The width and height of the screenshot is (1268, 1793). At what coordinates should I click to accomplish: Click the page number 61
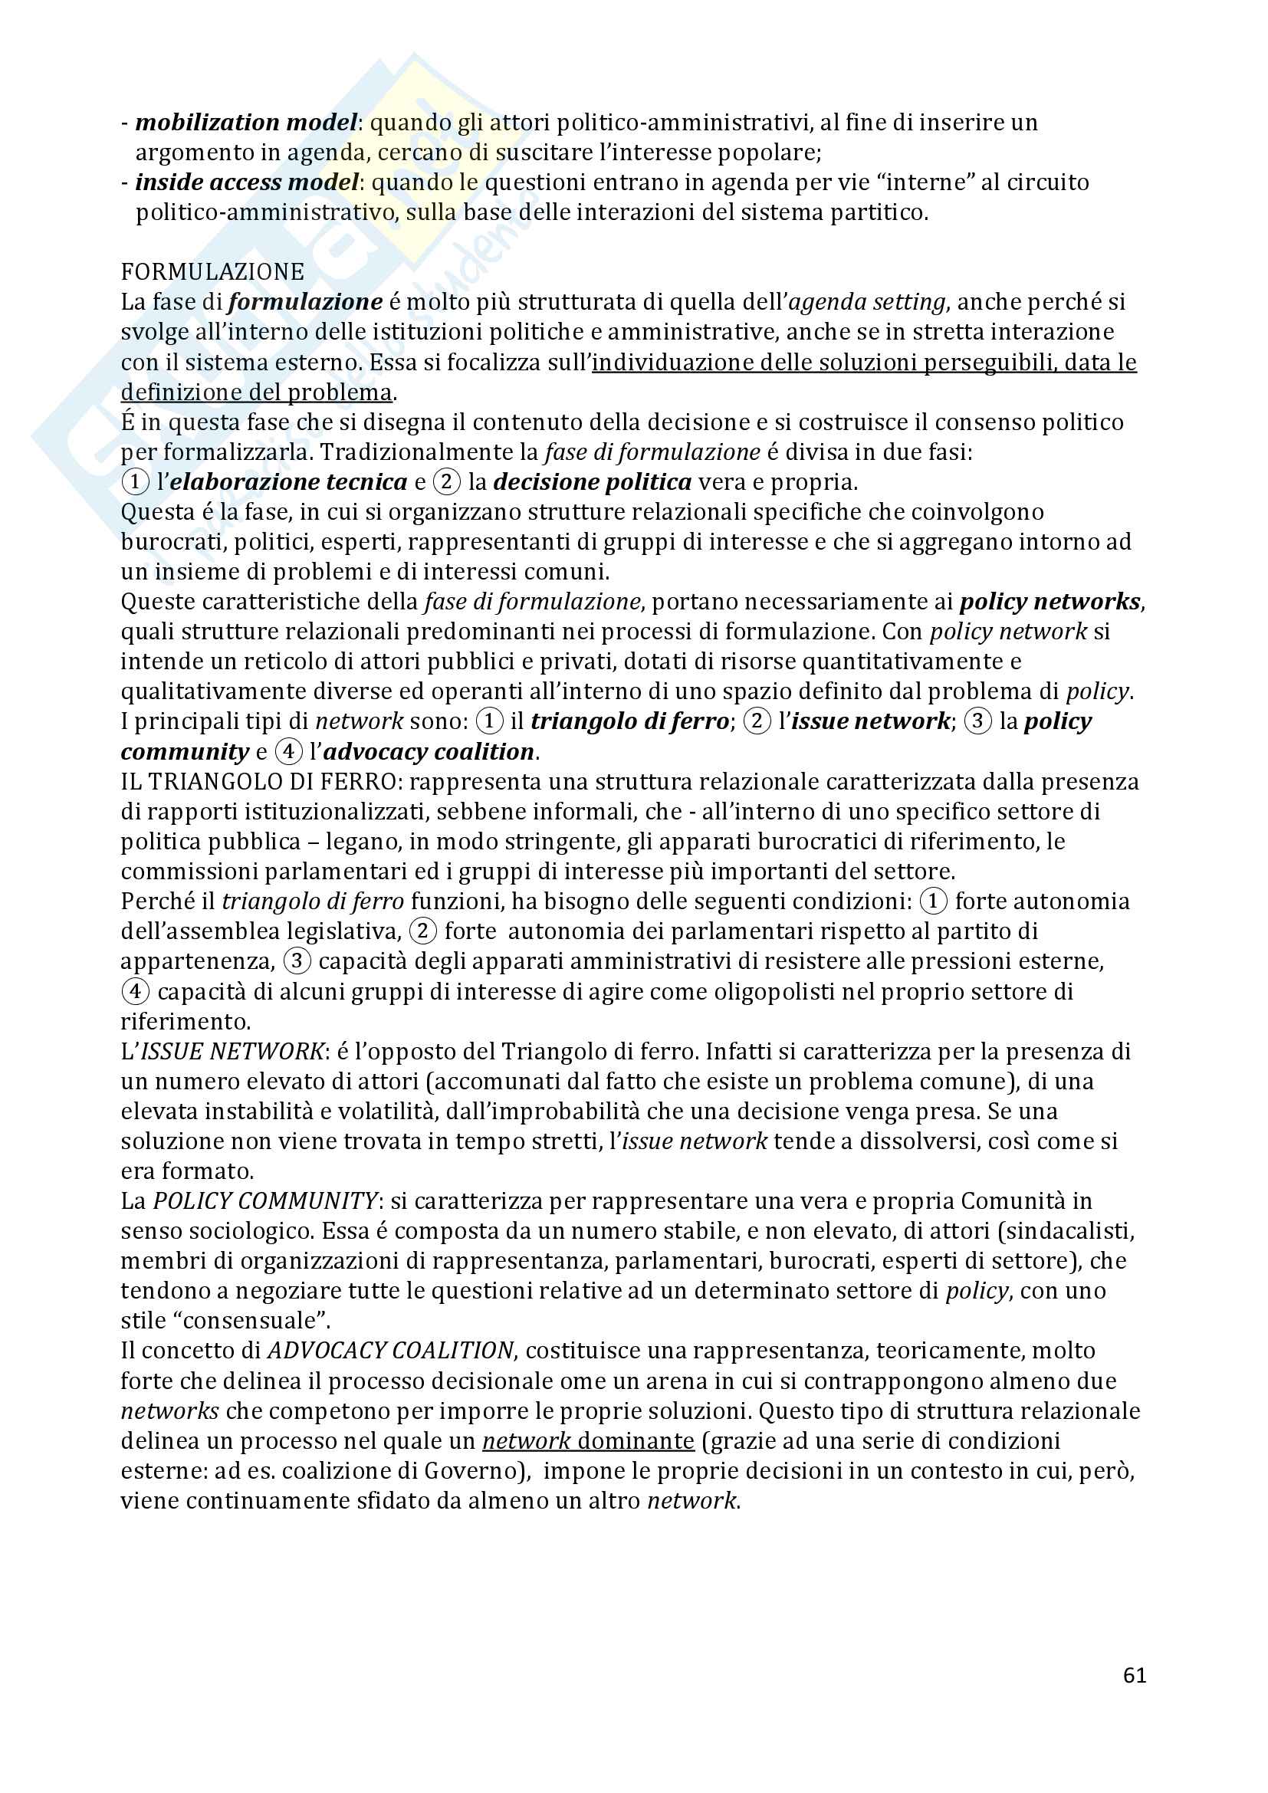(1134, 1675)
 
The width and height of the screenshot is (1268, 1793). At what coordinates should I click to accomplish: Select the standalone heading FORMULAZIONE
(212, 272)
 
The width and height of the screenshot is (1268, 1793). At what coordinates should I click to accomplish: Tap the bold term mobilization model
(246, 123)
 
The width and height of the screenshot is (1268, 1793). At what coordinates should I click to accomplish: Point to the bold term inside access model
(247, 182)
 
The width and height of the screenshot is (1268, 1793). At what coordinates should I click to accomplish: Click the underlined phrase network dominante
(588, 1441)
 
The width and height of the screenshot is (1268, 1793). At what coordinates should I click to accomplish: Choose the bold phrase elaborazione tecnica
(288, 482)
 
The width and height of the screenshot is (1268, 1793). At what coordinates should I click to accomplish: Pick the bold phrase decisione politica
(592, 482)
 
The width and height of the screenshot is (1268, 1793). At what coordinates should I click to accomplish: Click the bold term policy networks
(1050, 601)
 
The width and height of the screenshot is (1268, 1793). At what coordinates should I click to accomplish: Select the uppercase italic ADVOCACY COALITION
(390, 1351)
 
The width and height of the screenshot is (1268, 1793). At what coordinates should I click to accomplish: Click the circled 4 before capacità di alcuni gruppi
(135, 992)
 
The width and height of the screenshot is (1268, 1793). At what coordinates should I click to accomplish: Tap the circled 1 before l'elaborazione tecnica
(135, 482)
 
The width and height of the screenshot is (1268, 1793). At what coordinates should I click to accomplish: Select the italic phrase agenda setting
(867, 302)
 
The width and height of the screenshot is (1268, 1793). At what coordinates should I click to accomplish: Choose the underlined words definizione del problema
(256, 392)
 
